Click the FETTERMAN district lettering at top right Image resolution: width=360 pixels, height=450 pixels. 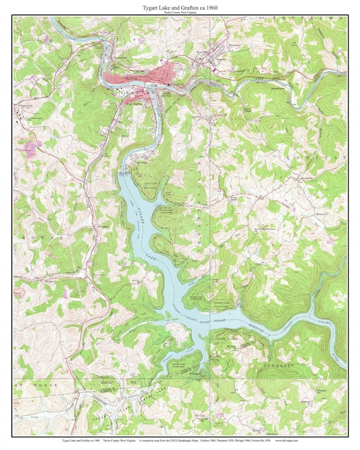pyautogui.click(x=309, y=20)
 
